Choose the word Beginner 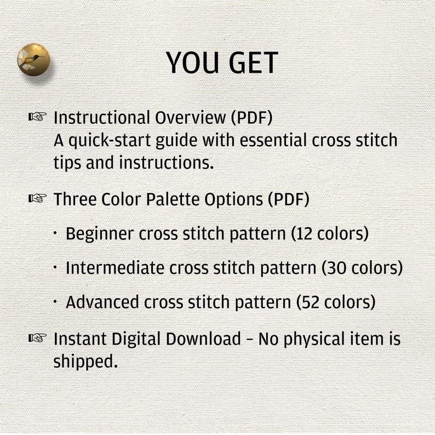coord(99,234)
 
